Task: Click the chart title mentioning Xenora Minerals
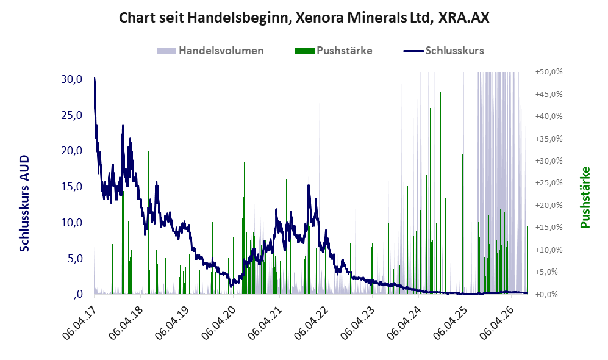coord(304,18)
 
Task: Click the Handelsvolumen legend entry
coord(210,51)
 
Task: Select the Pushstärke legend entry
coord(334,51)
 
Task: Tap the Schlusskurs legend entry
coord(443,51)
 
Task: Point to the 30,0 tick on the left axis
coord(72,79)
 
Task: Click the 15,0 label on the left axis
coord(72,187)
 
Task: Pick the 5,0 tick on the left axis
coord(75,258)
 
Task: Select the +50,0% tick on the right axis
coord(549,72)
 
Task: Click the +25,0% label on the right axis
coord(549,182)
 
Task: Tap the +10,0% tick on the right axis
coord(549,250)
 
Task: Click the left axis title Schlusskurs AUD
coord(24,203)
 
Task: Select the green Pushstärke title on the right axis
coord(585,197)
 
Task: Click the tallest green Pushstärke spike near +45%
coord(440,192)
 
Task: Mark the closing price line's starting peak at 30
coord(95,78)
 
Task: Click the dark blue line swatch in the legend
coord(413,51)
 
